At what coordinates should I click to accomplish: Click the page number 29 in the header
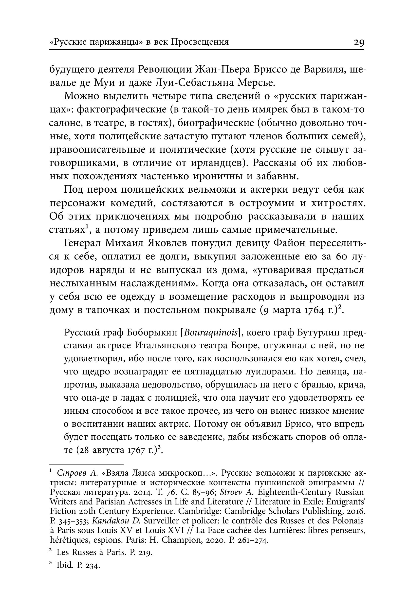click(x=359, y=42)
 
